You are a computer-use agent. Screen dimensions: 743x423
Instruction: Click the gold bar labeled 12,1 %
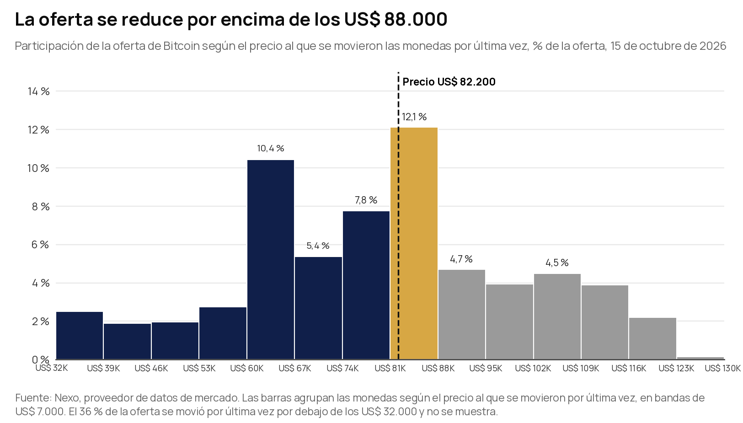click(414, 243)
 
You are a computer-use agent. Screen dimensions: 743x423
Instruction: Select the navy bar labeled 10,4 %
click(271, 259)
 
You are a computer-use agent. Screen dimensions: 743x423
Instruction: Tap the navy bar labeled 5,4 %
click(318, 308)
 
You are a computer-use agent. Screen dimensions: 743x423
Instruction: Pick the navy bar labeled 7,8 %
click(366, 285)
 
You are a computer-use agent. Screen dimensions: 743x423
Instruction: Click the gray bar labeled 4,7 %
click(462, 315)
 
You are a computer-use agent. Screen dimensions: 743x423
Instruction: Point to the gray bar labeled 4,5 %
click(557, 316)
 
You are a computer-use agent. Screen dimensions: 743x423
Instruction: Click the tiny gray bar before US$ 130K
click(700, 358)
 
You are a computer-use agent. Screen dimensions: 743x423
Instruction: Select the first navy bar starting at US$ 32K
click(80, 335)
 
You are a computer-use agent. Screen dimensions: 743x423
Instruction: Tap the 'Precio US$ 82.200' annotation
click(449, 82)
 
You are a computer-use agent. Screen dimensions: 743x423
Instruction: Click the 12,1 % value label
click(414, 117)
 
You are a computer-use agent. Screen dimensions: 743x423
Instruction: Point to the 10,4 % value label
click(271, 148)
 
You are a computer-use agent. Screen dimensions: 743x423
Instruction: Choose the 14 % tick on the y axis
click(39, 91)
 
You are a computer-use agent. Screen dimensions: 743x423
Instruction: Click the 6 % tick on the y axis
click(41, 245)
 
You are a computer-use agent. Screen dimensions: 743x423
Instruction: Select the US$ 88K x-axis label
click(438, 368)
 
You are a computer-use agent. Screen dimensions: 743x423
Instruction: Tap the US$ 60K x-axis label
click(247, 368)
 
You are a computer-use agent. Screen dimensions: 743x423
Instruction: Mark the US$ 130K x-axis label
click(723, 368)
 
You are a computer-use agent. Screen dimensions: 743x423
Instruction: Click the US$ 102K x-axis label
click(533, 368)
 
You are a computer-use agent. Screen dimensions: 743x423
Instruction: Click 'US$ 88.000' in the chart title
click(396, 19)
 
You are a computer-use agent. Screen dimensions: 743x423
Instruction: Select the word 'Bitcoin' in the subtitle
click(182, 46)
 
